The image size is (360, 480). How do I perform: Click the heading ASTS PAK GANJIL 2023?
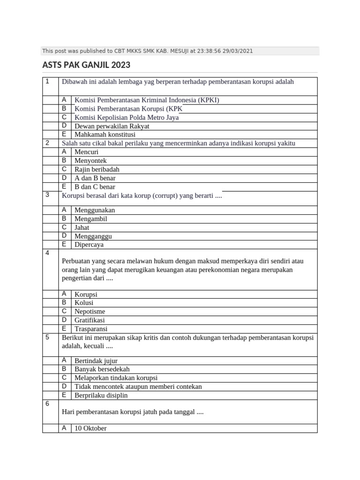point(86,65)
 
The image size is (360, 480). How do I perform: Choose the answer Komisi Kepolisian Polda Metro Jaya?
point(127,118)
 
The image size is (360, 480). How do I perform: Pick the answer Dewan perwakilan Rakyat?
point(112,126)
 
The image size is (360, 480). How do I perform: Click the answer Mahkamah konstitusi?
point(105,135)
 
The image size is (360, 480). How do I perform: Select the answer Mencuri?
point(87,152)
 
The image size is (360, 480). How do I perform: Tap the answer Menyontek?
point(90,160)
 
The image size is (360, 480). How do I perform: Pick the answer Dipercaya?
point(89,244)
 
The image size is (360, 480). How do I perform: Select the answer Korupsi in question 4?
point(86,294)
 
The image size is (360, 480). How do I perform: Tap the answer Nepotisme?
point(90,311)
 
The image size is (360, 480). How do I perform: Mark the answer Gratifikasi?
point(90,320)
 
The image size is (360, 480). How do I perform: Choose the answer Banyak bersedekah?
point(102,369)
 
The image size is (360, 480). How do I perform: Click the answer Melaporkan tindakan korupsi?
point(116,378)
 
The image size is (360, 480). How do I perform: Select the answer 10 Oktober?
point(90,428)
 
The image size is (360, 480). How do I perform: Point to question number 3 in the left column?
point(47,195)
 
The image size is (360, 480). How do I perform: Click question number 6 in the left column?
point(47,403)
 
